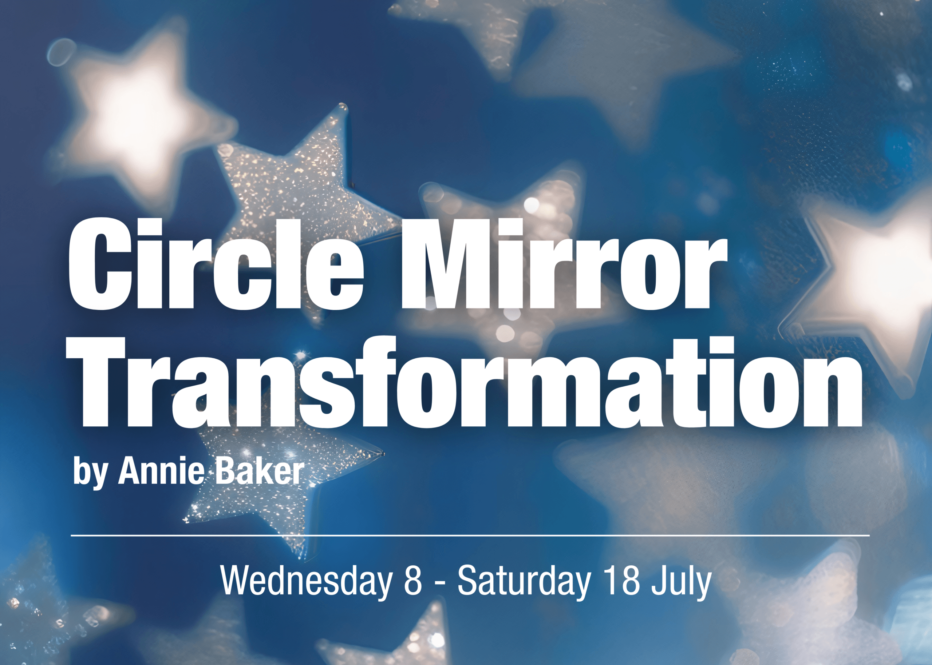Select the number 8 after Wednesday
click(x=413, y=581)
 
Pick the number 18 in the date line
click(x=621, y=581)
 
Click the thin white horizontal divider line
click(x=470, y=535)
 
